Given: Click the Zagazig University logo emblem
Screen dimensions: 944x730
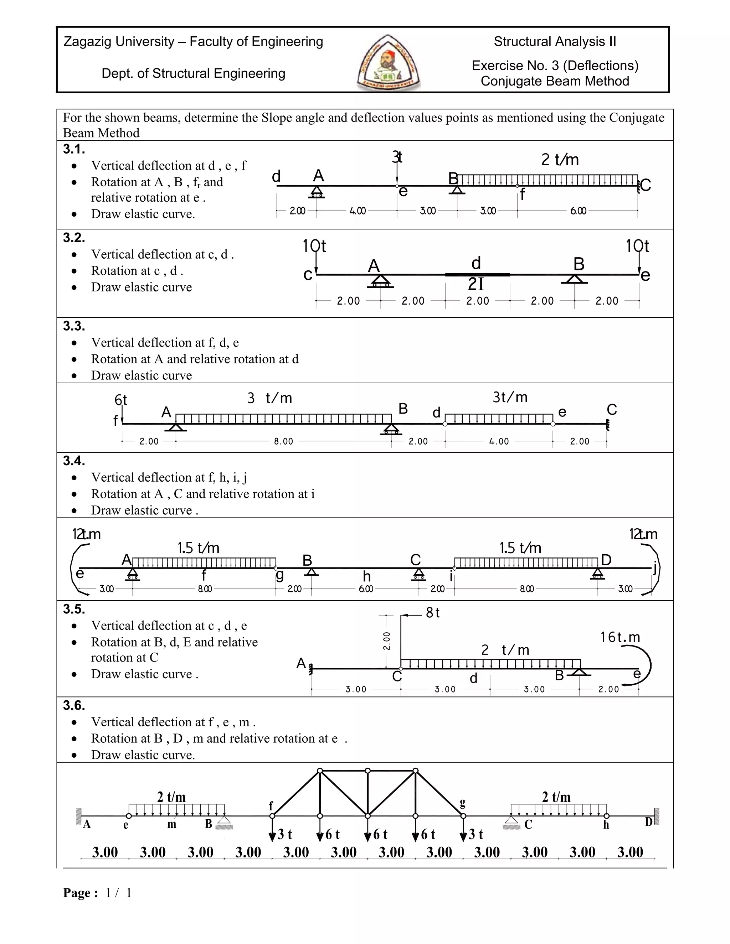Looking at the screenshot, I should tap(389, 63).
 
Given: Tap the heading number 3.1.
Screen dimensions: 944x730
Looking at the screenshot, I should tap(74, 150).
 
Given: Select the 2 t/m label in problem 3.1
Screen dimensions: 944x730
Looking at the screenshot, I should tap(560, 160).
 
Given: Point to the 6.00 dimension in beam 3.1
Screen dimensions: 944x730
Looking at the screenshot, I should tap(578, 211).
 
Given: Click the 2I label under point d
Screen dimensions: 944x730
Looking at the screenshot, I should tap(476, 284).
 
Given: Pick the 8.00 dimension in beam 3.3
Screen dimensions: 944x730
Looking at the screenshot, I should tap(283, 441).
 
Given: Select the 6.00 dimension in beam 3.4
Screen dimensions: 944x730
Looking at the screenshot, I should tap(366, 589).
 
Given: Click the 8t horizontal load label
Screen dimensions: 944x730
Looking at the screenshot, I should tap(432, 612).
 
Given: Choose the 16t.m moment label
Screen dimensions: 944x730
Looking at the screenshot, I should tap(620, 637).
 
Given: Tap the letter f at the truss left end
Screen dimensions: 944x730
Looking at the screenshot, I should tap(271, 806).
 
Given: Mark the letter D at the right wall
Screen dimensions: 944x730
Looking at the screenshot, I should tap(648, 822).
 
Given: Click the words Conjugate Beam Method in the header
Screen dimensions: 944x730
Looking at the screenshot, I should tap(555, 81).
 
